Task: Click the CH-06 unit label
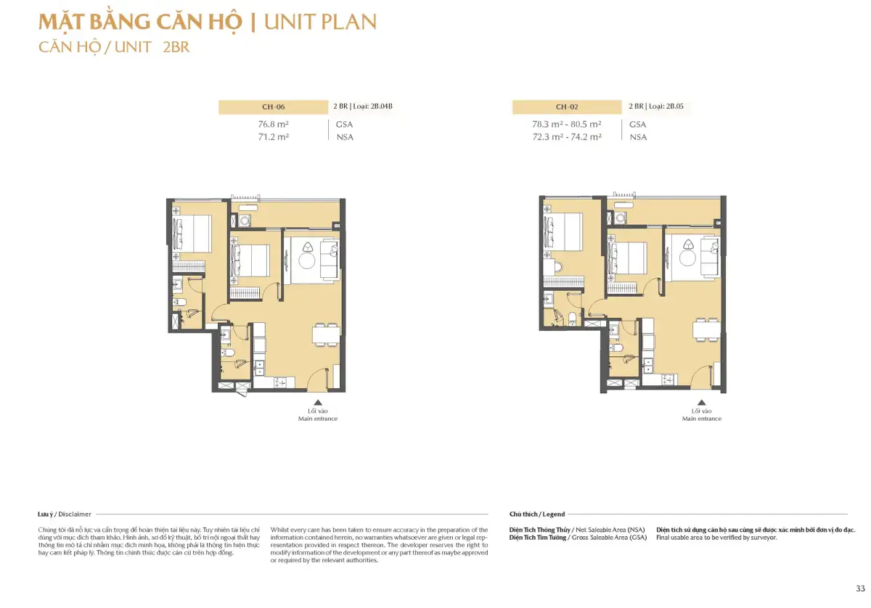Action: point(273,107)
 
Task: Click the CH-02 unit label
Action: point(567,107)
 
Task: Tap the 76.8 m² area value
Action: point(274,124)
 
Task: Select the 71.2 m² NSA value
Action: point(274,137)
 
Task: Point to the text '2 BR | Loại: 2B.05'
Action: point(656,106)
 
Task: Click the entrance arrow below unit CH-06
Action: point(318,403)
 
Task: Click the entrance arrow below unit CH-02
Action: point(701,403)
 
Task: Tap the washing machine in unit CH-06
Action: point(245,221)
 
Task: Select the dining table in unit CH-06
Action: point(326,334)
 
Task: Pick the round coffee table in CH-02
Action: point(687,258)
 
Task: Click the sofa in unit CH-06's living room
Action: point(329,259)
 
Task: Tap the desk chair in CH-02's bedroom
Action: point(558,267)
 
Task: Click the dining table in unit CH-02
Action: point(707,330)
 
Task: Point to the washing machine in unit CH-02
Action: point(621,218)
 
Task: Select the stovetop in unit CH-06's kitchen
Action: point(279,383)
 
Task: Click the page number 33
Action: point(860,588)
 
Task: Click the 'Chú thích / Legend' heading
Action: point(537,514)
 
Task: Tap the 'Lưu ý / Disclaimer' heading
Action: point(65,514)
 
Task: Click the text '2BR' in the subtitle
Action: point(176,47)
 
